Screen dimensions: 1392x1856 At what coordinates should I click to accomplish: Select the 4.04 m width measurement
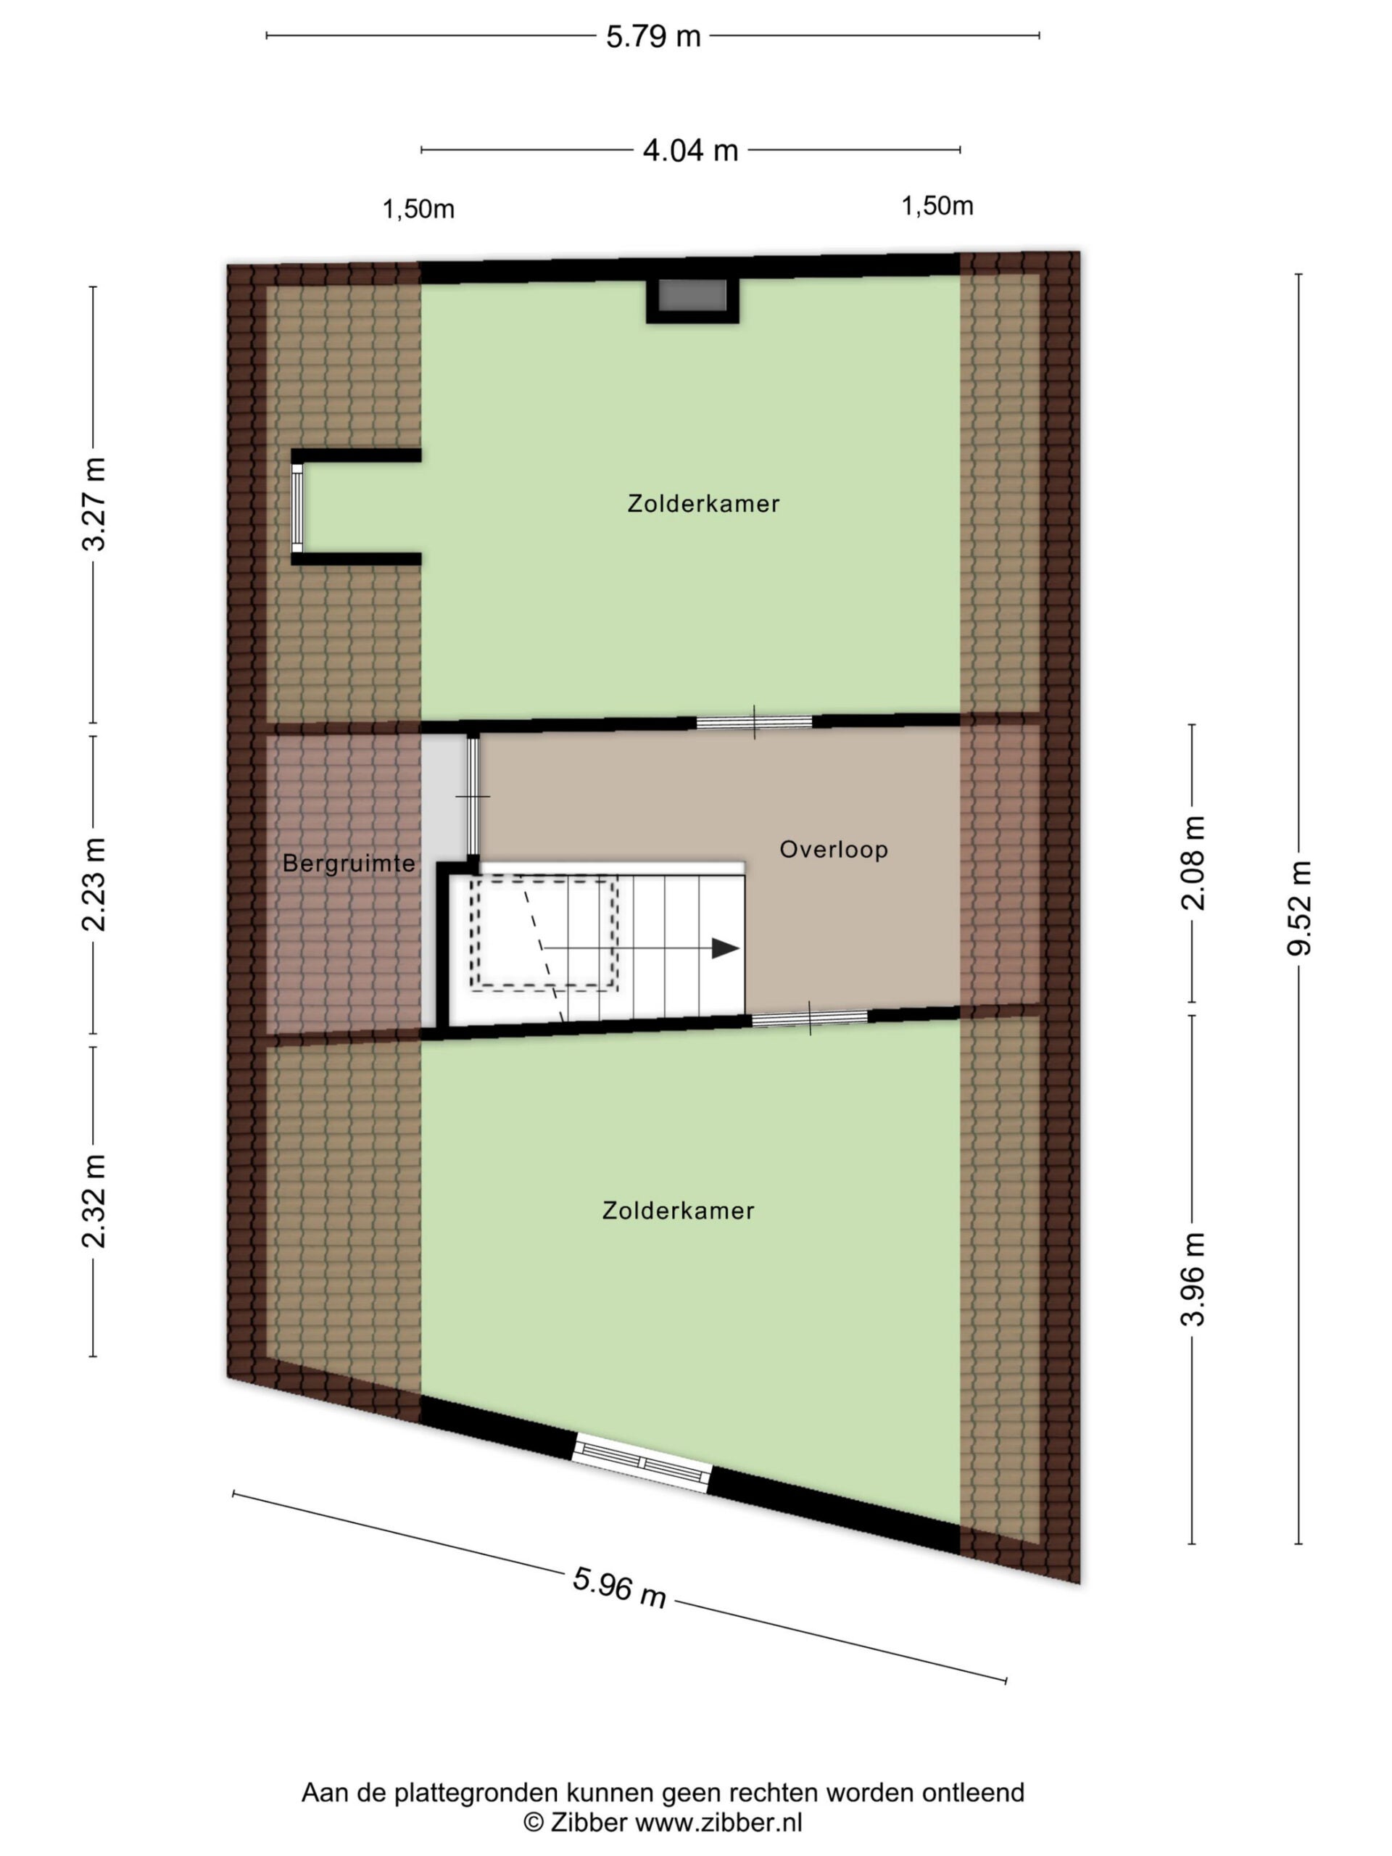pyautogui.click(x=689, y=151)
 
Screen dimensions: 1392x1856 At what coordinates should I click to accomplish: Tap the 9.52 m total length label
pyautogui.click(x=1298, y=908)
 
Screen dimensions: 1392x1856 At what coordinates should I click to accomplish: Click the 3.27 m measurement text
pyautogui.click(x=94, y=505)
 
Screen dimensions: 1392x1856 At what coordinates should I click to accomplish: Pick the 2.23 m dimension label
pyautogui.click(x=94, y=884)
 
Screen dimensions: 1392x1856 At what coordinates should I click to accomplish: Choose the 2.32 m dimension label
pyautogui.click(x=94, y=1201)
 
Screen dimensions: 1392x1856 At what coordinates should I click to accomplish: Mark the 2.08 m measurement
pyautogui.click(x=1193, y=863)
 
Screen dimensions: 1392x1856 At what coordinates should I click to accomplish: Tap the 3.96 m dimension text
pyautogui.click(x=1193, y=1279)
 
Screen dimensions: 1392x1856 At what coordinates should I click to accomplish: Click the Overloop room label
pyautogui.click(x=833, y=849)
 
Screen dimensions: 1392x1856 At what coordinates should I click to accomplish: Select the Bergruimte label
pyautogui.click(x=349, y=863)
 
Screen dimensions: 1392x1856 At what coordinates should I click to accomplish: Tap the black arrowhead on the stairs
pyautogui.click(x=725, y=948)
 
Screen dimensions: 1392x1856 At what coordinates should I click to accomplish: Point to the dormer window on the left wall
pyautogui.click(x=297, y=507)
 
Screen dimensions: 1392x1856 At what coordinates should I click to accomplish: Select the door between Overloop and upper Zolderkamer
pyautogui.click(x=754, y=721)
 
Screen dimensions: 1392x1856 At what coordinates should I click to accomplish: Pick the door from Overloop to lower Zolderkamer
pyautogui.click(x=810, y=1019)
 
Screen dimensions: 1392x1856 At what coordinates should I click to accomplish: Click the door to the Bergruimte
pyautogui.click(x=473, y=795)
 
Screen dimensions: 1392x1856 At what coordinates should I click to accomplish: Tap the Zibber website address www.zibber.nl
pyautogui.click(x=719, y=1823)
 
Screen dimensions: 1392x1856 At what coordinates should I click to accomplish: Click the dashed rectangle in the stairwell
pyautogui.click(x=544, y=933)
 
